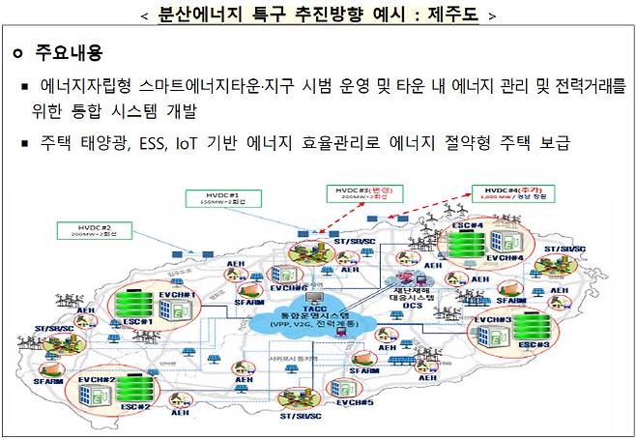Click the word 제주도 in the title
pyautogui.click(x=448, y=15)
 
